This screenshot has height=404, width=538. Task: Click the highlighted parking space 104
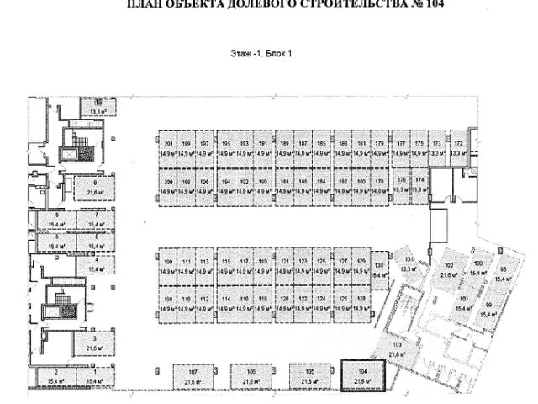point(361,376)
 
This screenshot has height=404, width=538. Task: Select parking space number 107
point(193,376)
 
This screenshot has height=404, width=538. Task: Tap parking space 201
point(168,148)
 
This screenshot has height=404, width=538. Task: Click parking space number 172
point(457,148)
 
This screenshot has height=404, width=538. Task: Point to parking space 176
point(402,186)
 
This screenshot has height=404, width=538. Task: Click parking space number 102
point(446,269)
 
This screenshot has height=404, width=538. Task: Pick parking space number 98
point(503,274)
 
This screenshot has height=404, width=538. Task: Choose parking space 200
point(168,186)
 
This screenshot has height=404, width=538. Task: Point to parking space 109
point(168,267)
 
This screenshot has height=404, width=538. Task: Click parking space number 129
point(362,267)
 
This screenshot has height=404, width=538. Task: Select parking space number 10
point(98,106)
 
